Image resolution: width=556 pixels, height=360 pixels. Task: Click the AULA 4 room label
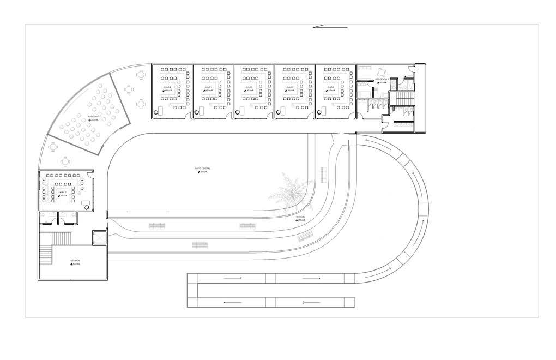(167, 87)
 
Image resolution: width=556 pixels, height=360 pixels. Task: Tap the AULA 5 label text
(208, 87)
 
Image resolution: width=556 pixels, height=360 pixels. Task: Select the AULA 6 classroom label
(249, 87)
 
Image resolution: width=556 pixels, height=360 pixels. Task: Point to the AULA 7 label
(289, 87)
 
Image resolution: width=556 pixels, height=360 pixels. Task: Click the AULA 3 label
(62, 192)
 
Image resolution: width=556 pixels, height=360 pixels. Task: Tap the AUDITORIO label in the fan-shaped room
(94, 116)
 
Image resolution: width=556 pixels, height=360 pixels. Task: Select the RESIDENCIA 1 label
(381, 79)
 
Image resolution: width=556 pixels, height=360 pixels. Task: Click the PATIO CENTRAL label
(203, 169)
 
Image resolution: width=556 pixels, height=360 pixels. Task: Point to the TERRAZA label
(300, 217)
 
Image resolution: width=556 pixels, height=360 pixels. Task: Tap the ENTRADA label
(75, 261)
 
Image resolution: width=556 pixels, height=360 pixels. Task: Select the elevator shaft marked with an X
(100, 238)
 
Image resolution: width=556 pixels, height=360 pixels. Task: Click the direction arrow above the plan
(330, 26)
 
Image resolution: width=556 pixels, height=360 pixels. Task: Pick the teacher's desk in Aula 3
(86, 202)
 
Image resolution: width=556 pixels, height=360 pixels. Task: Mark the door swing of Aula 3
(87, 207)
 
